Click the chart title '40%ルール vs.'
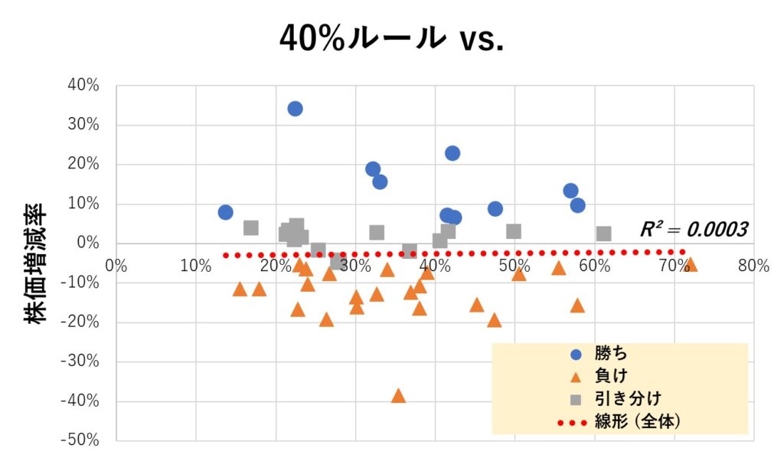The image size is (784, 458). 391,37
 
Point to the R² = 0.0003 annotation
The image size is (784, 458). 694,228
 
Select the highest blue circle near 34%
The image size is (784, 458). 295,109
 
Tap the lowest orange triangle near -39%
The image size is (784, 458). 398,396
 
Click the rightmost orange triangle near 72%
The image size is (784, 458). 691,265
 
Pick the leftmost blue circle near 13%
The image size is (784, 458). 225,212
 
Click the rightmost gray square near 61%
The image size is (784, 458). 604,234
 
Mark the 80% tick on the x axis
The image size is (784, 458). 753,266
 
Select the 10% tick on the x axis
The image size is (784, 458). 196,266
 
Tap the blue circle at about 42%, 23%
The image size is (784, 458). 452,153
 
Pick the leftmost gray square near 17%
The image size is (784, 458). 251,227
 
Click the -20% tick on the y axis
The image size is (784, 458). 83,322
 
